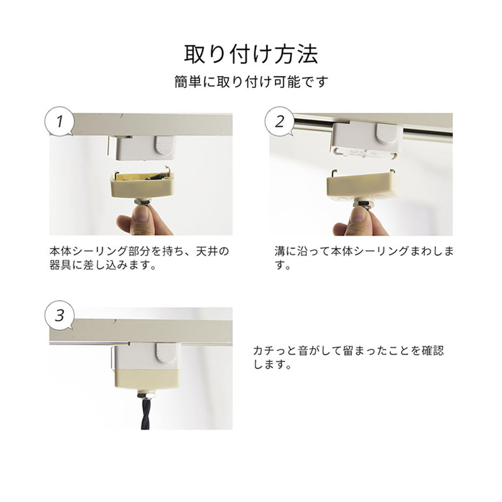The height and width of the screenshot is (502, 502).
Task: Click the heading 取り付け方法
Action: (251, 54)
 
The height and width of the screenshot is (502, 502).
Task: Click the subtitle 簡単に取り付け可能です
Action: (251, 82)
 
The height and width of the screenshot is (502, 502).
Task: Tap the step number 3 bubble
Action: (60, 315)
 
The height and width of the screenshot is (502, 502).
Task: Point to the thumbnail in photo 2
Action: (360, 220)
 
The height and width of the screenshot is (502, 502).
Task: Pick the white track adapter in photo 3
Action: (146, 356)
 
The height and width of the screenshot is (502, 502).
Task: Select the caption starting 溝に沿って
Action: (364, 257)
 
